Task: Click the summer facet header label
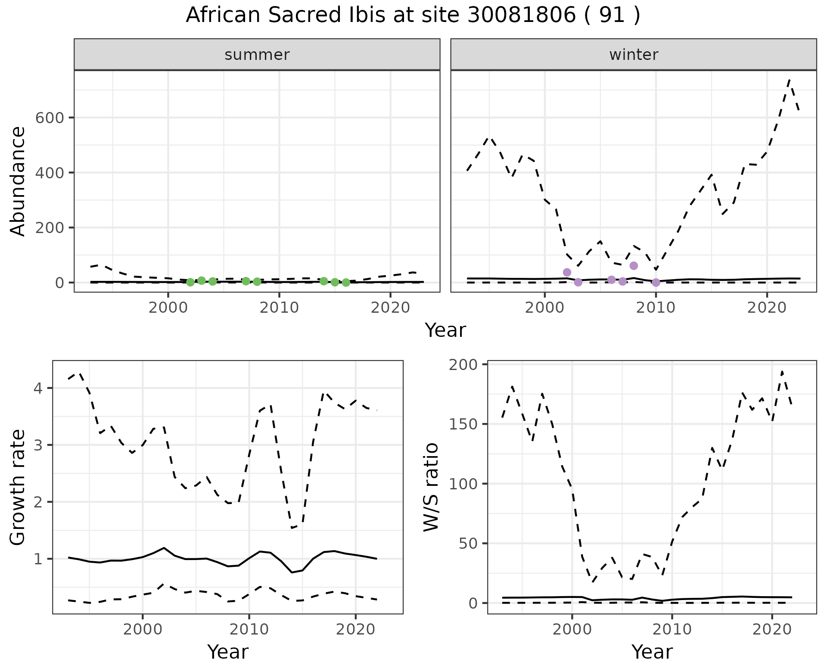(x=257, y=55)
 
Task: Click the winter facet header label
(x=633, y=55)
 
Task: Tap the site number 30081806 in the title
(x=521, y=16)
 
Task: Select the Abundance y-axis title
(x=18, y=181)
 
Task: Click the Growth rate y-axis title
(x=18, y=487)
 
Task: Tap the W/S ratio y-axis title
(x=431, y=487)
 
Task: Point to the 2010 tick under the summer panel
(x=279, y=308)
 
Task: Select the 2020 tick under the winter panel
(x=767, y=308)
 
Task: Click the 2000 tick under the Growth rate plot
(x=143, y=629)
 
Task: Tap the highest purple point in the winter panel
(x=634, y=265)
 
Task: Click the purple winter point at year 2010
(x=656, y=283)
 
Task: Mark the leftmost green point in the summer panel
(x=190, y=282)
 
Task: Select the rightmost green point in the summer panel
(x=346, y=283)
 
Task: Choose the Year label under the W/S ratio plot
(x=652, y=652)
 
